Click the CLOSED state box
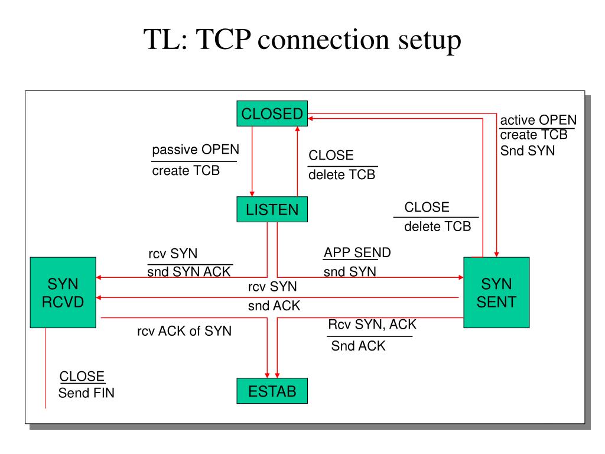click(272, 113)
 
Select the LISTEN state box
click(272, 209)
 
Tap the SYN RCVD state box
click(63, 293)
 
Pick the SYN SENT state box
click(496, 293)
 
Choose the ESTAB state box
click(272, 391)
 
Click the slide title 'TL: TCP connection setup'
click(302, 40)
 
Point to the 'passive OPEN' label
click(196, 150)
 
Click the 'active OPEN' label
click(538, 119)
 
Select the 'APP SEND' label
click(357, 252)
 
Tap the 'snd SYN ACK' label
click(188, 271)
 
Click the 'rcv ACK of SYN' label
click(184, 331)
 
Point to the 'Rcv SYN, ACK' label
click(372, 325)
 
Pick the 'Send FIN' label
click(86, 393)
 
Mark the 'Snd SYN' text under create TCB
click(528, 151)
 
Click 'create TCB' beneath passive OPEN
click(186, 170)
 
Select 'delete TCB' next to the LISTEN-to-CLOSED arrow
click(342, 174)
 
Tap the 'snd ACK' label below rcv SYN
click(274, 306)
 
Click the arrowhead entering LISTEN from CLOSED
click(252, 194)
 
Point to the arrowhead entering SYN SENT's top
click(496, 254)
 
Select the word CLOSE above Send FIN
click(82, 376)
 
